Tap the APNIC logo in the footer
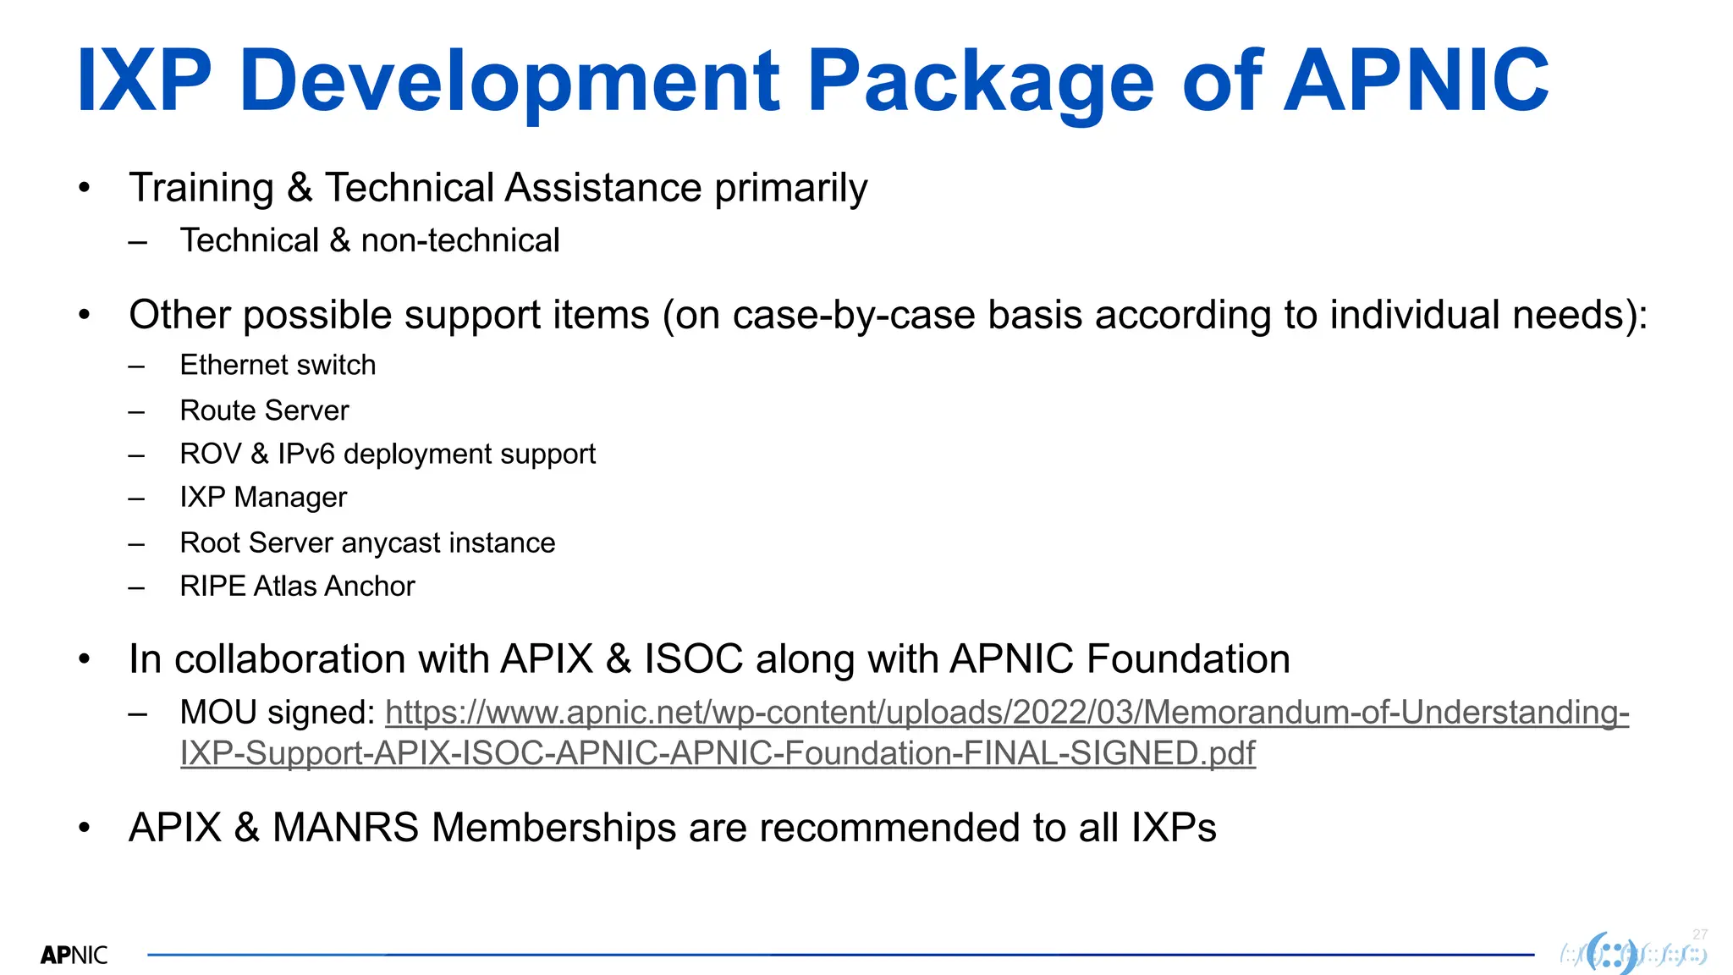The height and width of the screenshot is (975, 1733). (74, 956)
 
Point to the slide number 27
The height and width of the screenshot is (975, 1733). (1700, 934)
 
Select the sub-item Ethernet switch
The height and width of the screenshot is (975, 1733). (278, 366)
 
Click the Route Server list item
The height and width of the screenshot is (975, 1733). (264, 410)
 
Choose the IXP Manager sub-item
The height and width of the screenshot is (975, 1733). (263, 498)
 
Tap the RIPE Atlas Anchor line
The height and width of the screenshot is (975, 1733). (297, 587)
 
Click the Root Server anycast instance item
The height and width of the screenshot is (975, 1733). (367, 543)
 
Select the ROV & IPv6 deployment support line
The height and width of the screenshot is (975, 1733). (388, 454)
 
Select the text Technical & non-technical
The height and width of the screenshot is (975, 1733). (370, 241)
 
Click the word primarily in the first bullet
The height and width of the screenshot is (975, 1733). (790, 188)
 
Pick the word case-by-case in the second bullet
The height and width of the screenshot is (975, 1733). (854, 316)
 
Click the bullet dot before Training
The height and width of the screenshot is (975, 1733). (84, 188)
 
